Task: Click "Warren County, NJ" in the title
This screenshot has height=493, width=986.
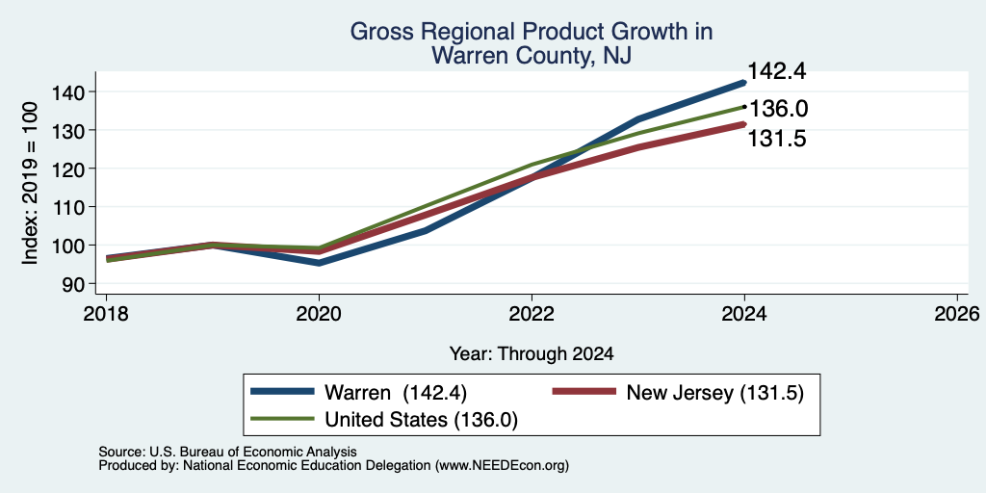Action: click(x=531, y=55)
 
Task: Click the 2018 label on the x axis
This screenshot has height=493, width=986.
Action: click(x=106, y=314)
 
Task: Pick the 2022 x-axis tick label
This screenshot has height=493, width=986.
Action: click(x=532, y=314)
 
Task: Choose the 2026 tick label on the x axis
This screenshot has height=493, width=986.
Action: click(x=958, y=314)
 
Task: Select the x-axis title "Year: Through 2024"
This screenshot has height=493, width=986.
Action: click(x=532, y=354)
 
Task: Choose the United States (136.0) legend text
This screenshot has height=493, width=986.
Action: click(x=421, y=420)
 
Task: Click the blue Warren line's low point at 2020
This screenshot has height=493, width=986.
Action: click(x=320, y=263)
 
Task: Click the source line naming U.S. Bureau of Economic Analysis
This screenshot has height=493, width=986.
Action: click(x=227, y=452)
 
